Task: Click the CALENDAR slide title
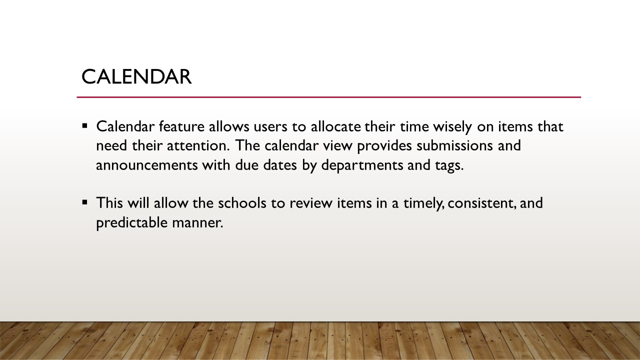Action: (136, 77)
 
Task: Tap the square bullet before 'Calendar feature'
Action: (84, 125)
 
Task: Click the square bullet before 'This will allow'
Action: (84, 202)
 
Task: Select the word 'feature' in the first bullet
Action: (181, 126)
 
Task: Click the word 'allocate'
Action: (335, 126)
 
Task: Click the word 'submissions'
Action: (454, 145)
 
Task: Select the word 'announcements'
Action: (147, 165)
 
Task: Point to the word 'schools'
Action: (242, 203)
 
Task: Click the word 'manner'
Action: (197, 223)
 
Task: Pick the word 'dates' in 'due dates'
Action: (280, 165)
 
